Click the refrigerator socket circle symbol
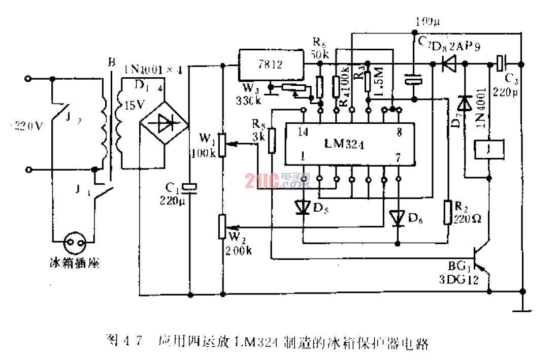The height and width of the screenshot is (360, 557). coord(74,244)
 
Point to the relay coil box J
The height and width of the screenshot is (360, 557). coord(488,151)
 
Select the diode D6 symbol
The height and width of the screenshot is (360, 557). coord(398,218)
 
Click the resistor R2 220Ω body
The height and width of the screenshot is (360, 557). coord(448,213)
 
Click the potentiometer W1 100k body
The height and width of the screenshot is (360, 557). coord(221,144)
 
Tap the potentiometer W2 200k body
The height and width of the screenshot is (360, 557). coord(221,226)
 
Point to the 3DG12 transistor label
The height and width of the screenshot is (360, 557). coord(461,280)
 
